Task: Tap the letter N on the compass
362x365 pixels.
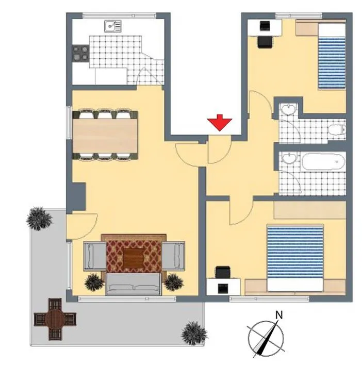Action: pyautogui.click(x=279, y=315)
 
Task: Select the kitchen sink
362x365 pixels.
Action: pyautogui.click(x=113, y=26)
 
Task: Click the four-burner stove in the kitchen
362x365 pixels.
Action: pyautogui.click(x=80, y=53)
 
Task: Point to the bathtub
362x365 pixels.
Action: pyautogui.click(x=324, y=161)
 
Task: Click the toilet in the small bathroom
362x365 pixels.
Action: pyautogui.click(x=337, y=129)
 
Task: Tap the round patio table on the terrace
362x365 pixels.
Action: pyautogui.click(x=55, y=319)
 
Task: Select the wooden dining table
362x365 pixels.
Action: pyautogui.click(x=105, y=136)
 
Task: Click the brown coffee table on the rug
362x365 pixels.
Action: pyautogui.click(x=134, y=258)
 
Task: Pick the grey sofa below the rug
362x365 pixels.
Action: pyautogui.click(x=134, y=284)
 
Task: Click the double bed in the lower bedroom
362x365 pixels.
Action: pyautogui.click(x=295, y=258)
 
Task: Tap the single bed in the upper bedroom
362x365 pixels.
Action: pyautogui.click(x=332, y=56)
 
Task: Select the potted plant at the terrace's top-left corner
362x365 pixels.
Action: pyautogui.click(x=39, y=219)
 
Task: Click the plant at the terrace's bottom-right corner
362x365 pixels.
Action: pyautogui.click(x=194, y=334)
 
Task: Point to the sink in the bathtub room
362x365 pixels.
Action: pyautogui.click(x=289, y=158)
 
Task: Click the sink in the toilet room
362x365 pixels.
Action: pyautogui.click(x=289, y=109)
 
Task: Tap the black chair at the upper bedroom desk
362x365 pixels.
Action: pyautogui.click(x=265, y=42)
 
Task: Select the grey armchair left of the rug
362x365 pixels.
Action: pyautogui.click(x=95, y=256)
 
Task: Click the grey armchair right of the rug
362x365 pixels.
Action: pyautogui.click(x=173, y=256)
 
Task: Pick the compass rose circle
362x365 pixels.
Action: pyautogui.click(x=266, y=322)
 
